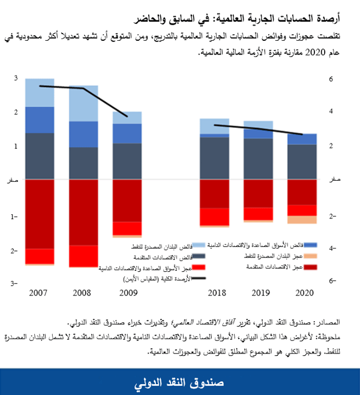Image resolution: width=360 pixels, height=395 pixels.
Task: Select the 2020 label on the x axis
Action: [302, 294]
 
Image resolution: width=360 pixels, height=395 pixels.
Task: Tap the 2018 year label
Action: [214, 294]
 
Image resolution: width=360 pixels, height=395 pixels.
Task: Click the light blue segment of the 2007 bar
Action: [40, 92]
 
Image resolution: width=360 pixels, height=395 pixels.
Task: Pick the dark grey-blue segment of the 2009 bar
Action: [127, 161]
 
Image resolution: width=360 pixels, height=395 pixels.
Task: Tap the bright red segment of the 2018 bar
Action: [214, 216]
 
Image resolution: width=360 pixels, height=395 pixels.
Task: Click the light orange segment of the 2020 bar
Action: [302, 220]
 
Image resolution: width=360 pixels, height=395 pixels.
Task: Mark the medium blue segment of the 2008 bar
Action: [83, 134]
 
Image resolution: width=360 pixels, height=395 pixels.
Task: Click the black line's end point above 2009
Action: [127, 116]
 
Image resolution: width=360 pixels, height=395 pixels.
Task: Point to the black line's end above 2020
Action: [302, 134]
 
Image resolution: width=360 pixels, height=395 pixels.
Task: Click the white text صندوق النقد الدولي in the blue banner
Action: [180, 381]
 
